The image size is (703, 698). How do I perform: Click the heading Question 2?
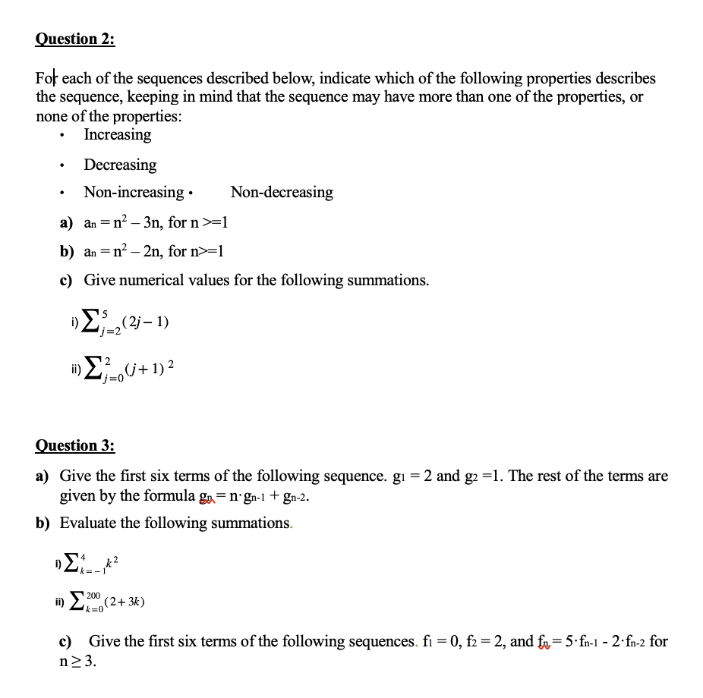(75, 39)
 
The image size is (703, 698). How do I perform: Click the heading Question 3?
(75, 445)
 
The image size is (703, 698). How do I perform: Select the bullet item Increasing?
(117, 135)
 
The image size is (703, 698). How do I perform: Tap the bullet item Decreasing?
(120, 165)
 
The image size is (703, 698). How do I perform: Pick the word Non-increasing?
(134, 193)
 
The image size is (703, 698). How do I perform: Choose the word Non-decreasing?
(282, 193)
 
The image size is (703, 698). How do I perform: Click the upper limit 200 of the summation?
(93, 596)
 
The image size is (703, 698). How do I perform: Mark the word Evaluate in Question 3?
(87, 523)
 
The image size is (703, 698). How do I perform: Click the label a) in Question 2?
(67, 223)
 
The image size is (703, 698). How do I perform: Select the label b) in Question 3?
(43, 523)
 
